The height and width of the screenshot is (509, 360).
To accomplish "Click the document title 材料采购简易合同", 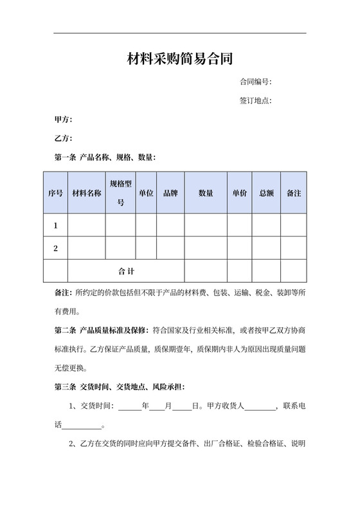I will click(x=179, y=60).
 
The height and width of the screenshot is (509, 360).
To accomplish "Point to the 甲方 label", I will click(x=63, y=120).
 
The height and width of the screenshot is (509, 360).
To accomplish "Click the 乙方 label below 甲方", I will click(x=63, y=138).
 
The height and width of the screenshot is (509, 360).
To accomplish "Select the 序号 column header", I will click(x=55, y=193).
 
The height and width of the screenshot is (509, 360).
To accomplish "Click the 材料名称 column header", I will click(x=87, y=193).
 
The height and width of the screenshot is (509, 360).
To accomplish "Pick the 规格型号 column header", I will click(x=121, y=193).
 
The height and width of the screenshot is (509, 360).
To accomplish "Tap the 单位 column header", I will click(x=146, y=193).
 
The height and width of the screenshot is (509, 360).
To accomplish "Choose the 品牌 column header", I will click(x=170, y=193).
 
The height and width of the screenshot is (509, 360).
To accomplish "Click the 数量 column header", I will click(x=206, y=193).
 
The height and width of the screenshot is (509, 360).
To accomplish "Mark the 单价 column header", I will click(x=240, y=193).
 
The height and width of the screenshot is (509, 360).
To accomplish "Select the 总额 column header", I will click(x=266, y=193).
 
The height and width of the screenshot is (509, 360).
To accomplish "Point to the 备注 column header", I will click(x=293, y=193).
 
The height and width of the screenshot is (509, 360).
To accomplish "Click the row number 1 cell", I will click(x=55, y=226).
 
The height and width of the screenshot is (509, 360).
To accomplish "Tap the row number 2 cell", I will click(x=55, y=248).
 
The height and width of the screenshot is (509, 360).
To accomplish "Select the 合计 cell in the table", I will click(x=126, y=271).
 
